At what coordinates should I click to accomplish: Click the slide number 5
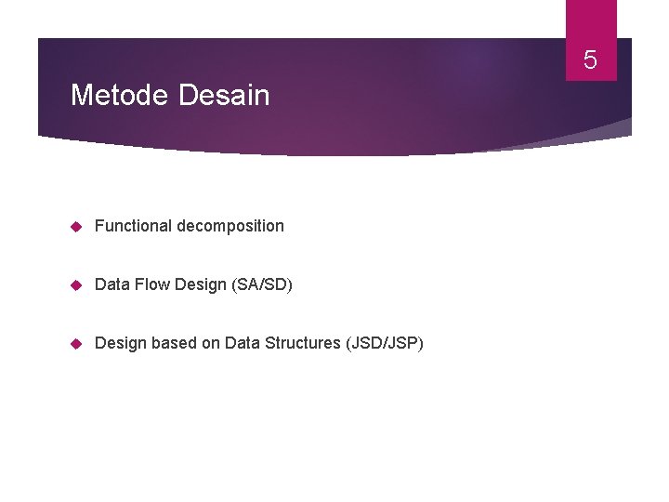[x=590, y=62]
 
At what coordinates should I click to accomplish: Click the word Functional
[x=133, y=226]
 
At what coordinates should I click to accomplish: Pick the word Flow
[x=150, y=284]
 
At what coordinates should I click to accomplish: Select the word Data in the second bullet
[x=111, y=284]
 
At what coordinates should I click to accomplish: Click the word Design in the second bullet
[x=198, y=284]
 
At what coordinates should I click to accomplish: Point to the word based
[x=174, y=343]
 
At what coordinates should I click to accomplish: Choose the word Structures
[x=303, y=343]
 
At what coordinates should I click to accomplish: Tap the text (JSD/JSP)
[x=384, y=343]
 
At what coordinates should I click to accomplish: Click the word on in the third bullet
[x=212, y=343]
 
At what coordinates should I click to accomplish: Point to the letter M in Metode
[x=81, y=95]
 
